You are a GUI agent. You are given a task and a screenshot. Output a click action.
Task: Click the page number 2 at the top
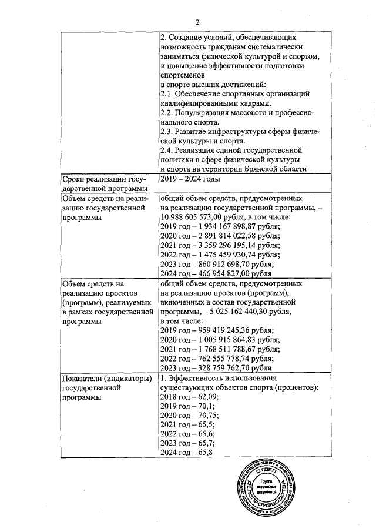pos(198,22)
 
